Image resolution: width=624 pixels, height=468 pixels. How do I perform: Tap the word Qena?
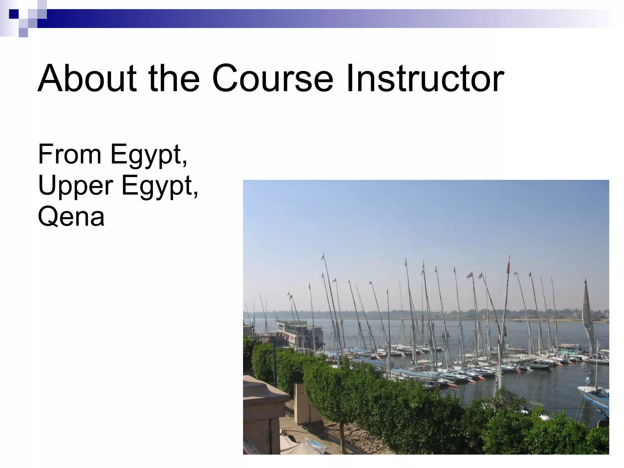point(71,217)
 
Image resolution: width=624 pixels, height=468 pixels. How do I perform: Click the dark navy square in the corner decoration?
point(14,14)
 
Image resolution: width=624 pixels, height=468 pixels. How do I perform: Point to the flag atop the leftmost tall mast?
point(322,257)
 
